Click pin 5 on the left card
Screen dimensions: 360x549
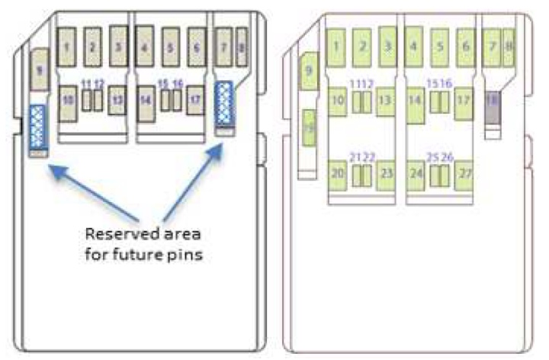(x=171, y=47)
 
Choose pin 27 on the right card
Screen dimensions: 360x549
(x=464, y=175)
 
